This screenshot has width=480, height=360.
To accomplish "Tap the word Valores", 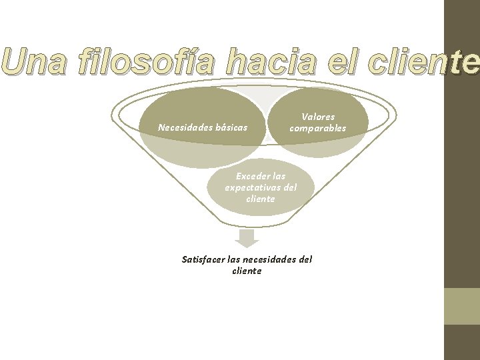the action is [x=318, y=117].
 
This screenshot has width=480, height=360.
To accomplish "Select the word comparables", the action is [x=318, y=128].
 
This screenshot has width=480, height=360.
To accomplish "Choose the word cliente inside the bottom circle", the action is [x=260, y=199].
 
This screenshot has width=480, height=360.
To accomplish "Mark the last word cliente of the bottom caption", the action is [x=247, y=271].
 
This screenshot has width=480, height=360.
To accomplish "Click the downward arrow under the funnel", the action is [x=248, y=238].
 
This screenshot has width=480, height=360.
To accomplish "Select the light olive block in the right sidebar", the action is [x=461, y=306].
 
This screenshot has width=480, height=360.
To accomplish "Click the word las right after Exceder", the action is [x=279, y=177].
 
